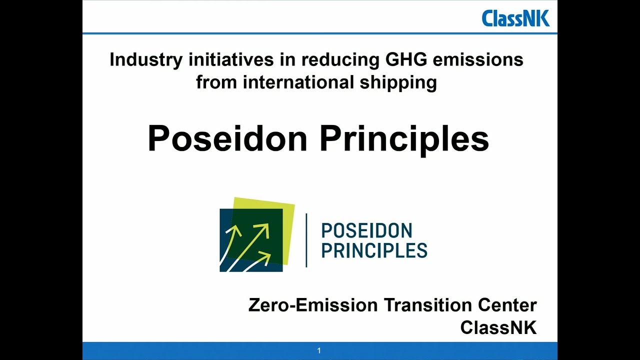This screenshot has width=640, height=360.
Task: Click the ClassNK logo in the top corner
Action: click(515, 18)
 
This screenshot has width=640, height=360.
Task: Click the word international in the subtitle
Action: click(298, 81)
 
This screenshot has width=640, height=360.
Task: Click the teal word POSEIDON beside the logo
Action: click(366, 231)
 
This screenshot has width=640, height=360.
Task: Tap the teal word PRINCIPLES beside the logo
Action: click(374, 250)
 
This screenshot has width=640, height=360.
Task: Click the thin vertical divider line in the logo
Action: click(306, 240)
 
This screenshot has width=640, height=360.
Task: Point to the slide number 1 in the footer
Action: click(319, 351)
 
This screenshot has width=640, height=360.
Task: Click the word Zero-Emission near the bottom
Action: click(313, 305)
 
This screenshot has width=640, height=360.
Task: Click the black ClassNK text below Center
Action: click(498, 327)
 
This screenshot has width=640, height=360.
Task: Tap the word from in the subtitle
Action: click(216, 81)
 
